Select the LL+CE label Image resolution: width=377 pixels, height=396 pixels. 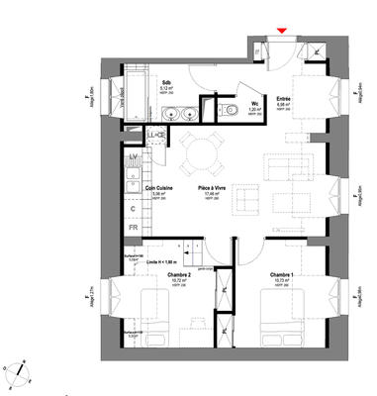click(154, 135)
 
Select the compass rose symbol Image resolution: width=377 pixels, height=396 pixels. click(20, 371)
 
